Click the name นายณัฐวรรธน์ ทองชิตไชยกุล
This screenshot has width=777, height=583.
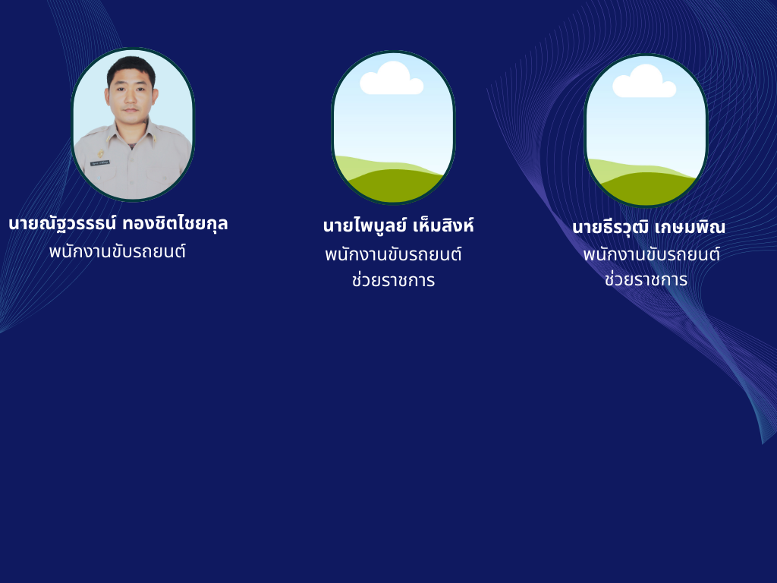click(x=118, y=224)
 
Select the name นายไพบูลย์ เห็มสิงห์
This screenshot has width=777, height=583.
click(x=398, y=225)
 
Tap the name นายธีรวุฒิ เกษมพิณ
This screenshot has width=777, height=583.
click(x=649, y=227)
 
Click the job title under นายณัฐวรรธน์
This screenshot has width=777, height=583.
click(x=118, y=251)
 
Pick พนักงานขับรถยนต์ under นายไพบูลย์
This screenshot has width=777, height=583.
click(x=394, y=254)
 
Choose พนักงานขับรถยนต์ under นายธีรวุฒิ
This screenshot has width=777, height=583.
click(x=652, y=254)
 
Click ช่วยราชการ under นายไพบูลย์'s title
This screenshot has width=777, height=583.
click(x=394, y=280)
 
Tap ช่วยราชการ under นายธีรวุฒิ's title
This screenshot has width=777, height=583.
click(x=646, y=279)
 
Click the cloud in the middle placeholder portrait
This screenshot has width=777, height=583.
click(x=392, y=78)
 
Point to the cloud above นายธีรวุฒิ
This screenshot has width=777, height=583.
click(x=644, y=81)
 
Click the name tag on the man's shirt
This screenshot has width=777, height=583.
click(x=100, y=163)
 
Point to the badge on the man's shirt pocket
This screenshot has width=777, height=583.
click(x=101, y=154)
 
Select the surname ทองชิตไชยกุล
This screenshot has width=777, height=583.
click(x=175, y=224)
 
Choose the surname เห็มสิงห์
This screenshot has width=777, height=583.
click(x=443, y=225)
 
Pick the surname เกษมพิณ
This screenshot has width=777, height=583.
click(x=690, y=227)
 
